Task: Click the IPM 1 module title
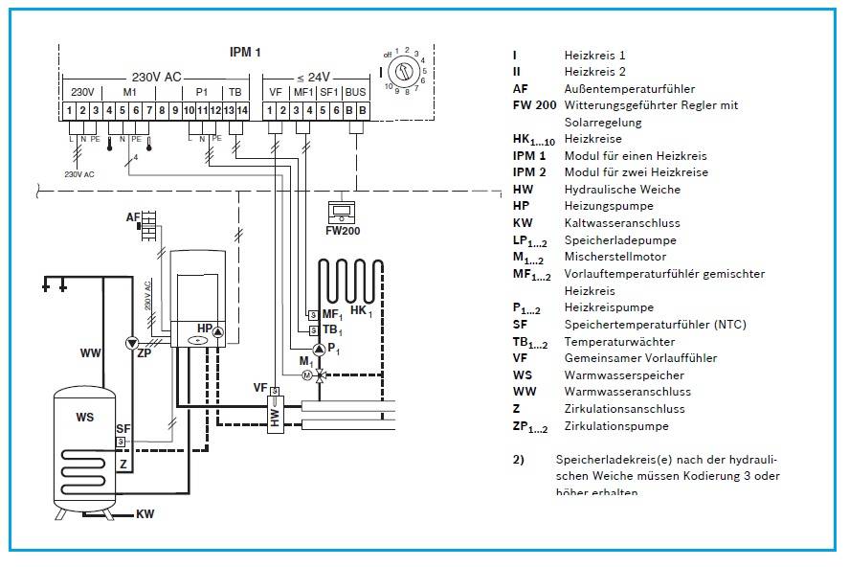[245, 52]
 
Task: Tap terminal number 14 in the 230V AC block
[243, 112]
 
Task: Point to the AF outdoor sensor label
[132, 218]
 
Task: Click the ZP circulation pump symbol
[130, 342]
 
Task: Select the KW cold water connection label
[145, 514]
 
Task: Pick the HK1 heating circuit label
[363, 312]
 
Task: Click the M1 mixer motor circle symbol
[308, 375]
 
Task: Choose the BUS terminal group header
[355, 92]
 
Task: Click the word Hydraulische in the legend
[595, 190]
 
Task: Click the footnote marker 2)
[518, 460]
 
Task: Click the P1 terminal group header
[202, 92]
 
